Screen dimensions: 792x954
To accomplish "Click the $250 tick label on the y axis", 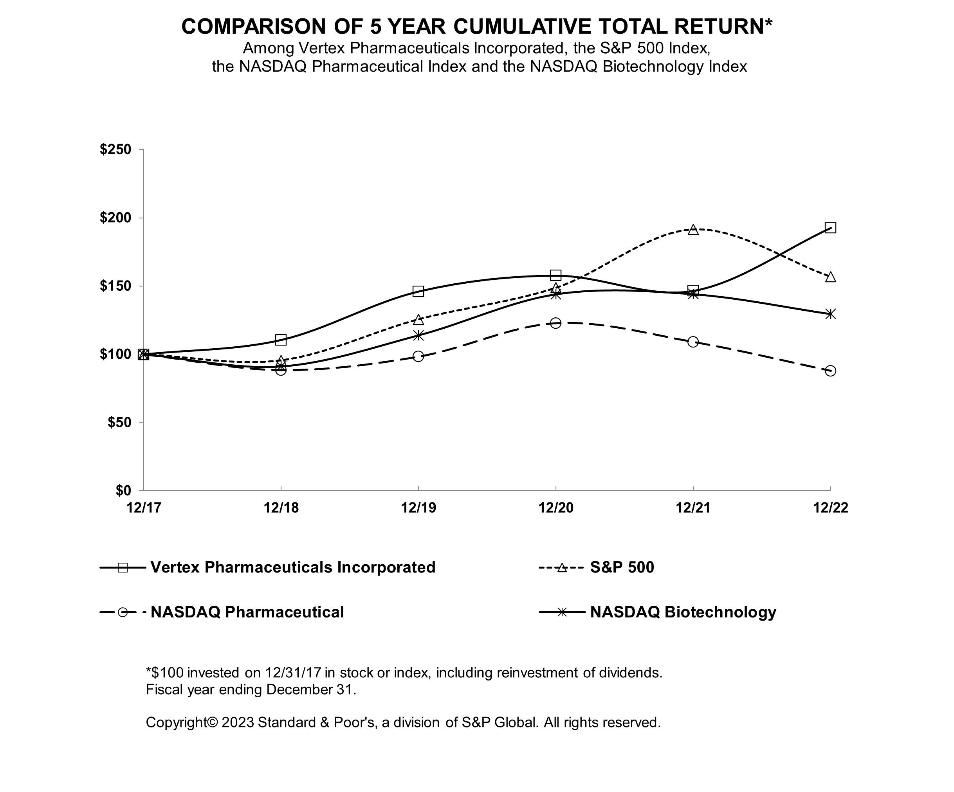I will coord(115,149).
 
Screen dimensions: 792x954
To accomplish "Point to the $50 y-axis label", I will coord(119,423).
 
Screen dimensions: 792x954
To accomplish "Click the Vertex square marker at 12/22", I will coord(830,227).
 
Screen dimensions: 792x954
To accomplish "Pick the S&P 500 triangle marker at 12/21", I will coord(693,229).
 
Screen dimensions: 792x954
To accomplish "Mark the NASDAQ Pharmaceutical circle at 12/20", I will coord(555,323).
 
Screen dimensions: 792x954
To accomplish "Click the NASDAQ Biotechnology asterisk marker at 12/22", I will coord(830,314).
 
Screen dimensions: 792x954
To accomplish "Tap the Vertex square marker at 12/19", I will coord(418,291).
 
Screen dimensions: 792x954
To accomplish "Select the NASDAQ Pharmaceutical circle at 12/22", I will coord(830,371).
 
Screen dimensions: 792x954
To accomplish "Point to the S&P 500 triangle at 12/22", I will coord(830,277).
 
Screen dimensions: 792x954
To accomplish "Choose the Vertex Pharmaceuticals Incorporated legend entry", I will coord(292,567).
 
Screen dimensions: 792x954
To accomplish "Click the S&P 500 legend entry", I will coord(622,567).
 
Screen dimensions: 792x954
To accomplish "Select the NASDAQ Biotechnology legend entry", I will coord(683,612).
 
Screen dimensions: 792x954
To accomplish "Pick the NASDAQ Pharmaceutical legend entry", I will coord(247,612).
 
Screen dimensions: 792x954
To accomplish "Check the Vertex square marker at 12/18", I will coord(281,340).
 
